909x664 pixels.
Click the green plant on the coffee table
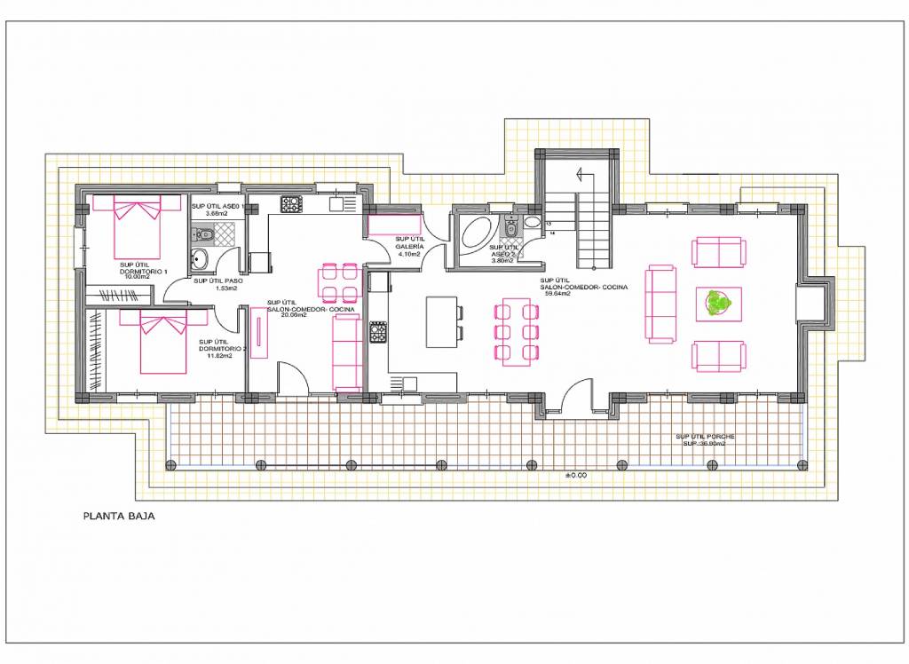tap(718, 303)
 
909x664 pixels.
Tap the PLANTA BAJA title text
tap(118, 515)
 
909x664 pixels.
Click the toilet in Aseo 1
tap(203, 234)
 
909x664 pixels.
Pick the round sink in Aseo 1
tap(198, 259)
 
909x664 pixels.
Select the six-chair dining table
tap(517, 332)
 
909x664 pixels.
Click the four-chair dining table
tap(338, 283)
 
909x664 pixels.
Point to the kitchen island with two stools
tap(441, 321)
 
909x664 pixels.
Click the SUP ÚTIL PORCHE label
tap(705, 437)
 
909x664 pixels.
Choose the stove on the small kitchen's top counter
tap(291, 204)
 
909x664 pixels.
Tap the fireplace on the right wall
tap(818, 303)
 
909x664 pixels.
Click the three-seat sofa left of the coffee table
tap(661, 303)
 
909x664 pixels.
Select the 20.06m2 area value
tap(294, 314)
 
